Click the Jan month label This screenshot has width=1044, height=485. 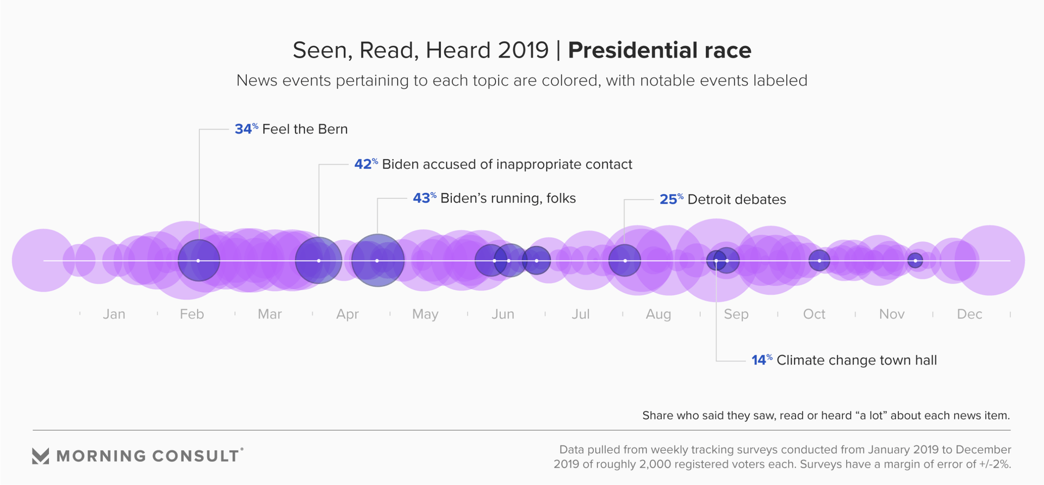tap(114, 314)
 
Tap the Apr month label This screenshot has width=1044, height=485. tap(347, 314)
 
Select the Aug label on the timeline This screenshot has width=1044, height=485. tap(658, 314)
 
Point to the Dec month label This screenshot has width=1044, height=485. tap(970, 314)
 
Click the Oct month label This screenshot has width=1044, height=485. tap(814, 314)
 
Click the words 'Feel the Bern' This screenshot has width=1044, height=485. tap(304, 129)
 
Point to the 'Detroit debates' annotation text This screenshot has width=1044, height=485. tap(737, 199)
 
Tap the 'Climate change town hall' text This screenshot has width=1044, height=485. tap(856, 360)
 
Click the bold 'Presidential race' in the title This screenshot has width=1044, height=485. tap(660, 51)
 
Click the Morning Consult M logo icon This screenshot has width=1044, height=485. tap(41, 456)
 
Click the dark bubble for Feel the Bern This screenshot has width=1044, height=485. tap(199, 261)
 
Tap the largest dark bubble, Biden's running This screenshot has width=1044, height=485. tap(377, 261)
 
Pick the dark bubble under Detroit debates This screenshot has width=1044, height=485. tap(624, 261)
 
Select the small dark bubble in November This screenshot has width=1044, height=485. tap(915, 261)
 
